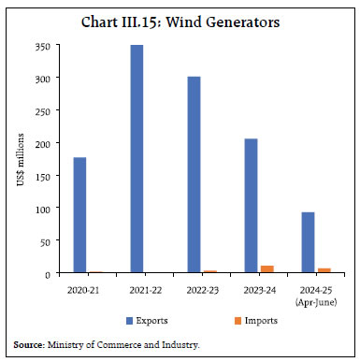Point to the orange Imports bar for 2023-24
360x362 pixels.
pos(268,269)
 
